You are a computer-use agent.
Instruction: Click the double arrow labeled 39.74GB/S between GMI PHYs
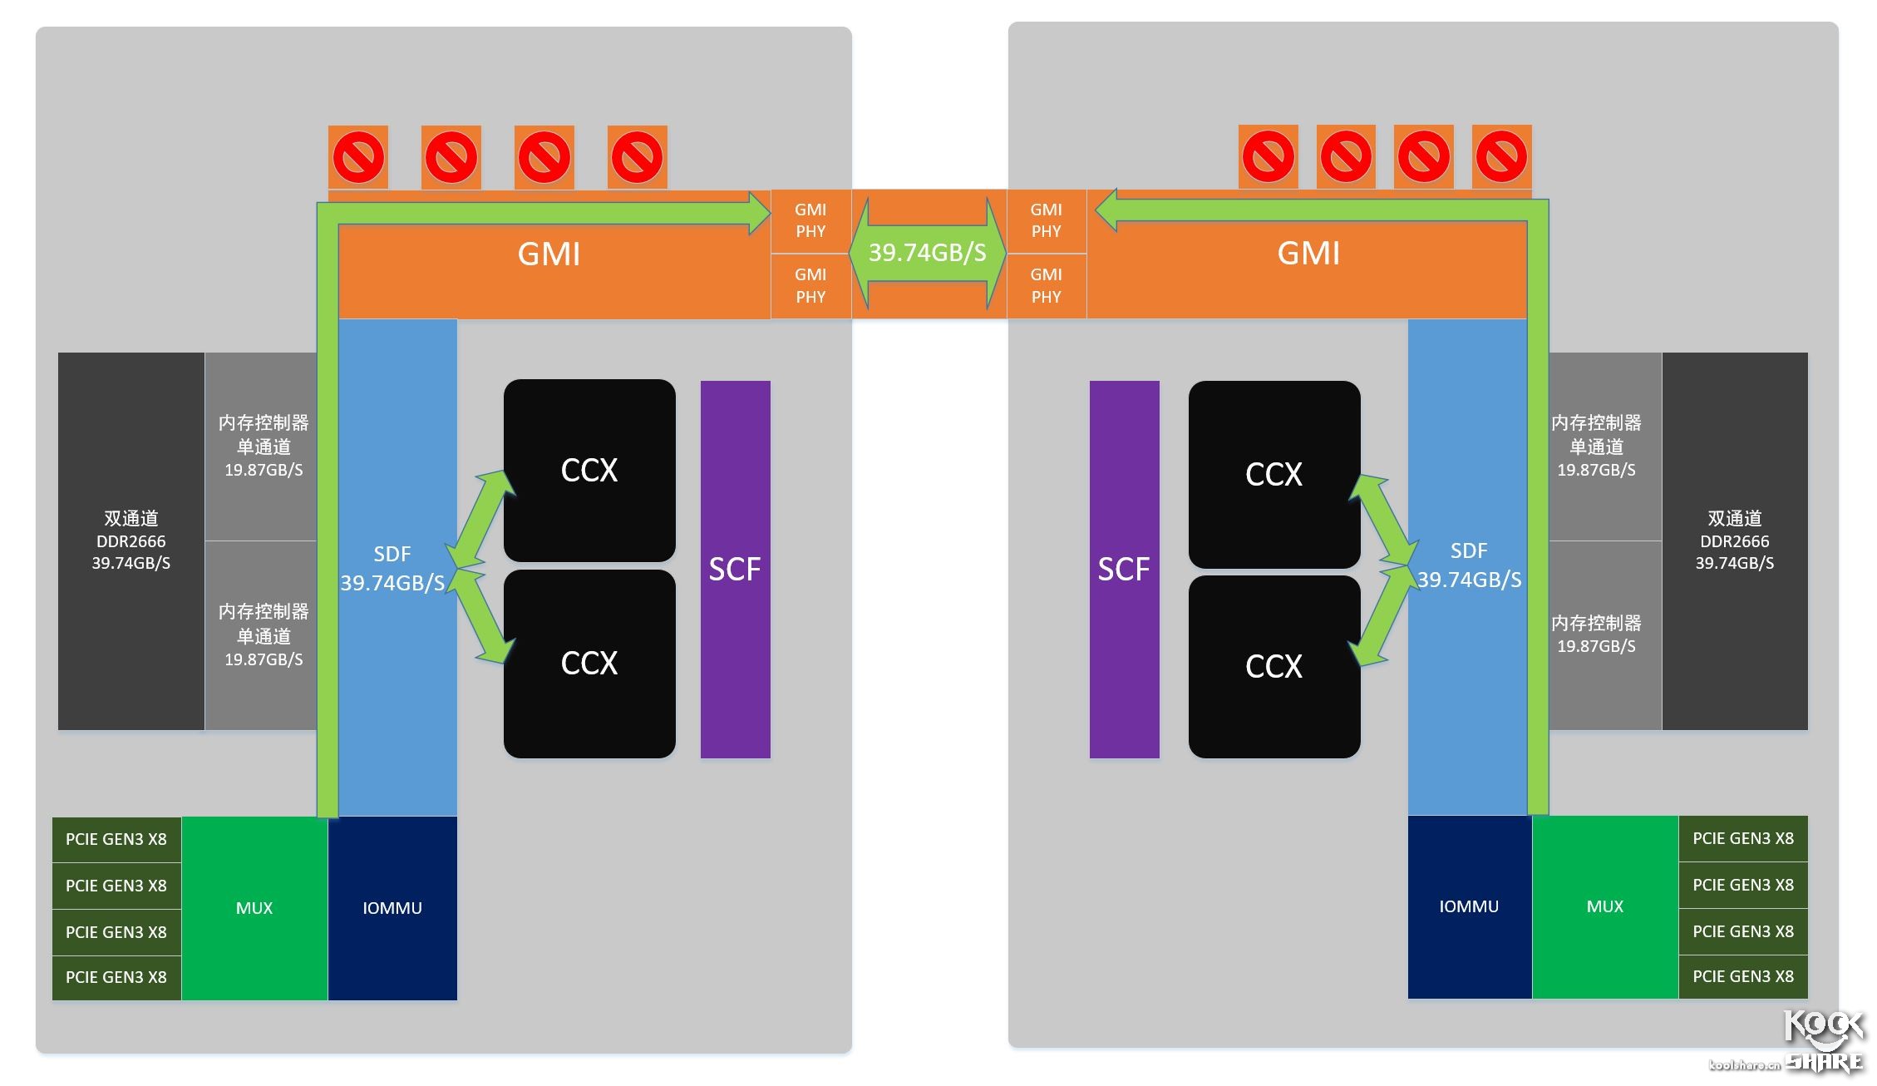pos(928,253)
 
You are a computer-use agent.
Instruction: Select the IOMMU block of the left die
pos(392,908)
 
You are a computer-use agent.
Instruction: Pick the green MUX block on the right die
pos(1604,906)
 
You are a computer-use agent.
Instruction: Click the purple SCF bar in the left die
pos(735,570)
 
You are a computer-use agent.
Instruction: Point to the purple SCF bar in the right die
pos(1124,570)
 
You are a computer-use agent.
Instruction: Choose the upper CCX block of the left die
pos(589,471)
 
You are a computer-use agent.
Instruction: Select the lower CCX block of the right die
pos(1274,666)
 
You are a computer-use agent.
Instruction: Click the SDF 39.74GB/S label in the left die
pos(392,569)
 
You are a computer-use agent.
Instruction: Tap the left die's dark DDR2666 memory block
pos(131,541)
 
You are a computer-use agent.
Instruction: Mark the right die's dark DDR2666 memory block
pos(1734,541)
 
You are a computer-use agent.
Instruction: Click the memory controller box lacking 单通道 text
pos(1596,634)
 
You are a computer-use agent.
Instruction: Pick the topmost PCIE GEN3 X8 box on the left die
pos(116,839)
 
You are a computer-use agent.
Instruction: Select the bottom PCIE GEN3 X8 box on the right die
pos(1743,976)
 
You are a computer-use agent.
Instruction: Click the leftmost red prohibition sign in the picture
pos(358,156)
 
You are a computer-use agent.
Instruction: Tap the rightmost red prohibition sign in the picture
pos(1501,155)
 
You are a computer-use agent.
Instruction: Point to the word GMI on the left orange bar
pos(549,254)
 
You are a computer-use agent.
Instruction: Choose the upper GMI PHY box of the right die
pos(1046,220)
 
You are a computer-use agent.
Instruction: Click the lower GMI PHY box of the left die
pos(810,285)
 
